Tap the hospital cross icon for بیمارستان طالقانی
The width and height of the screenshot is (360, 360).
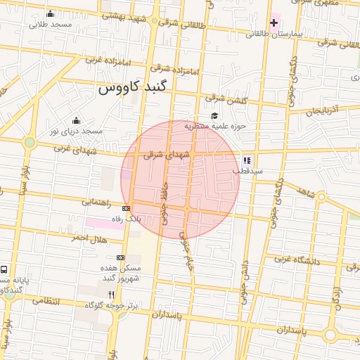pos(274,23)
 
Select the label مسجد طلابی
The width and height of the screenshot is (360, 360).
pos(51,24)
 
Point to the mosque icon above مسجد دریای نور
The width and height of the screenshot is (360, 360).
pos(76,120)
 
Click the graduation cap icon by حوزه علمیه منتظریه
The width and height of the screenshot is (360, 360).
pos(214,116)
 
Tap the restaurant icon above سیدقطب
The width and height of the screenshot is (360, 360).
pos(247,160)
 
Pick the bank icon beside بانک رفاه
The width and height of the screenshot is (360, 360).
pos(126,209)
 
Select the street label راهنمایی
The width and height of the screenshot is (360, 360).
pos(96,202)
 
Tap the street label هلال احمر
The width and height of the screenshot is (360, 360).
pos(88,238)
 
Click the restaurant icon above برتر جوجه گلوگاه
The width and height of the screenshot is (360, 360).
pos(110,295)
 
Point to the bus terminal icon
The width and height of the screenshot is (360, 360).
pos(5,269)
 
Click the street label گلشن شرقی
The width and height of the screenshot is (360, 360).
pos(226,101)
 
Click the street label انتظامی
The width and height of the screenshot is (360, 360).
pos(47,301)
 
